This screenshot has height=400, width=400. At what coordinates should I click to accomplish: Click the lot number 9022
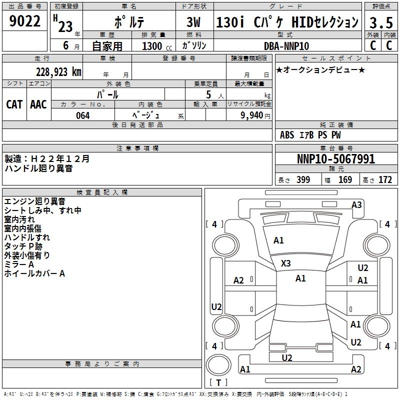click(24, 21)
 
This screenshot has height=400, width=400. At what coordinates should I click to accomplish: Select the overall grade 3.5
click(381, 22)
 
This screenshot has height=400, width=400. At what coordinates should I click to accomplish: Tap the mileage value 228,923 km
click(58, 72)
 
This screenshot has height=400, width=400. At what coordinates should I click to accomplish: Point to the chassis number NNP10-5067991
click(336, 159)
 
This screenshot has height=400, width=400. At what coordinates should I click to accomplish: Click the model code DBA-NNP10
click(286, 46)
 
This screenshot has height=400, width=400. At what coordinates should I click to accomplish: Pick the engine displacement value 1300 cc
click(157, 46)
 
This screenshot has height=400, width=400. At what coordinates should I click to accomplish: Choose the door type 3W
click(193, 22)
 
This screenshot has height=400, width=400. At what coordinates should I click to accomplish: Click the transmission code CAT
click(14, 104)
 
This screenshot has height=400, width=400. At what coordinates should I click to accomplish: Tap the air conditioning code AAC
click(38, 104)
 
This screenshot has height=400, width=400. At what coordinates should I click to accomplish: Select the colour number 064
click(83, 115)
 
